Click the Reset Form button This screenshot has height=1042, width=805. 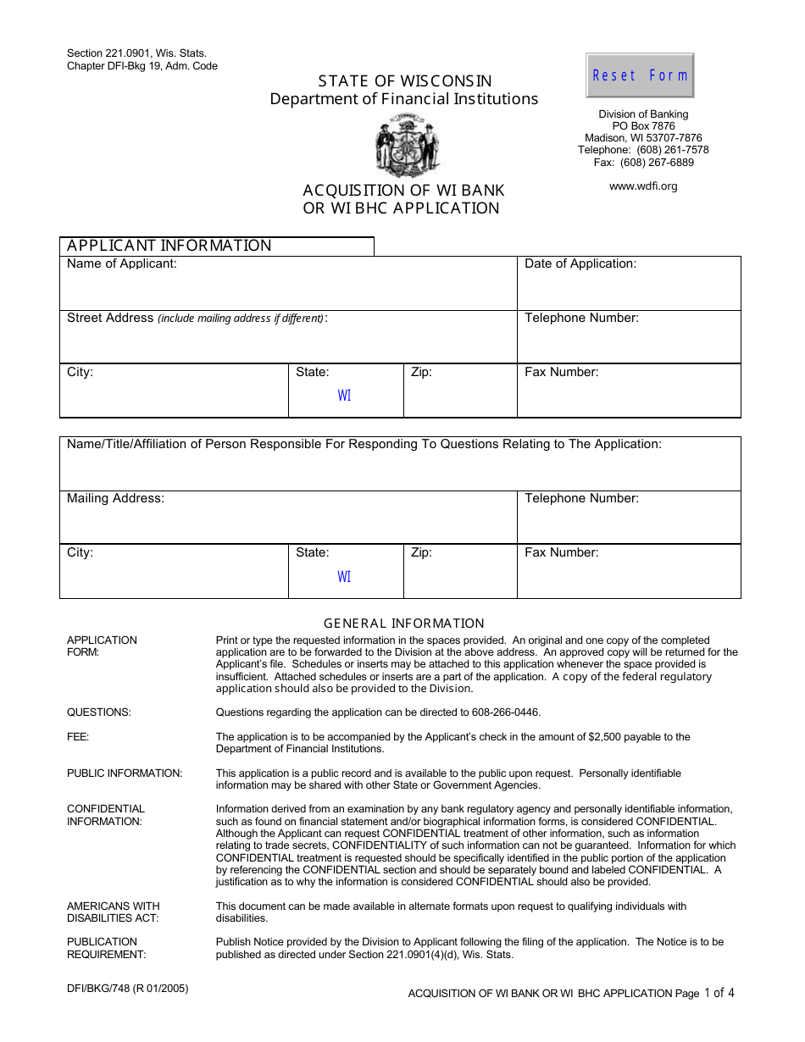coord(640,75)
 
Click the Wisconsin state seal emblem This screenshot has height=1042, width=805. coord(408,146)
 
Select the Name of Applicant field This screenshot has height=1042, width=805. coord(288,289)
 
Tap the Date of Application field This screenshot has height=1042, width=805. coord(629,289)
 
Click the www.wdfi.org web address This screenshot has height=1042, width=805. coord(643,186)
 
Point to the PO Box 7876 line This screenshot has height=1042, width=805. coord(643,126)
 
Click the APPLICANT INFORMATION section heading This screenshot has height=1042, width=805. coord(169,246)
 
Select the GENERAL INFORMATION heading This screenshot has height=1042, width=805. coord(404,624)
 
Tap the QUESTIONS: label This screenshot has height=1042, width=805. coord(99,712)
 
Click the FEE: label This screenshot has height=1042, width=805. coord(78,737)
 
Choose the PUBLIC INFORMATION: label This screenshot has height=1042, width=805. coord(125,773)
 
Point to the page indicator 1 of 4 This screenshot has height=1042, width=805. coord(719,993)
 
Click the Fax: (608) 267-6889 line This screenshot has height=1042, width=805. coord(643,163)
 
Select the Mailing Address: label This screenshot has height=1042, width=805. coord(116,498)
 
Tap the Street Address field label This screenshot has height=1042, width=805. coord(111,318)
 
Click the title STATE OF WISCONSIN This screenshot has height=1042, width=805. coord(404,81)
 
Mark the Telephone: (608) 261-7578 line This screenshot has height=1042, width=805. coord(643,150)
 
